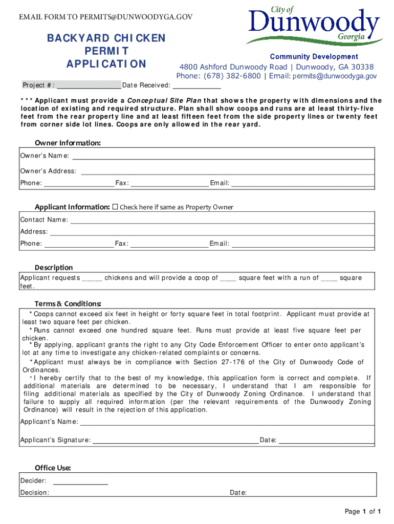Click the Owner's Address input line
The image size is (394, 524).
pyautogui.click(x=227, y=171)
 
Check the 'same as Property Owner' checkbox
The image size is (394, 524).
pyautogui.click(x=115, y=207)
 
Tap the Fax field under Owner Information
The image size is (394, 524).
pyautogui.click(x=169, y=183)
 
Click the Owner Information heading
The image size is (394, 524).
pyautogui.click(x=68, y=143)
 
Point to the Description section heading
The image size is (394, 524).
pyautogui.click(x=54, y=267)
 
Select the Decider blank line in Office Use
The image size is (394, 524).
pyautogui.click(x=80, y=481)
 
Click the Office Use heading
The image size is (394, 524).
pyautogui.click(x=53, y=468)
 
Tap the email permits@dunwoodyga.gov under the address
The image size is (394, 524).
pyautogui.click(x=335, y=76)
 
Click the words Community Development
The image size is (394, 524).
pyautogui.click(x=314, y=57)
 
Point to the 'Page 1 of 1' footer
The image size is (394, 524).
pyautogui.click(x=363, y=511)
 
